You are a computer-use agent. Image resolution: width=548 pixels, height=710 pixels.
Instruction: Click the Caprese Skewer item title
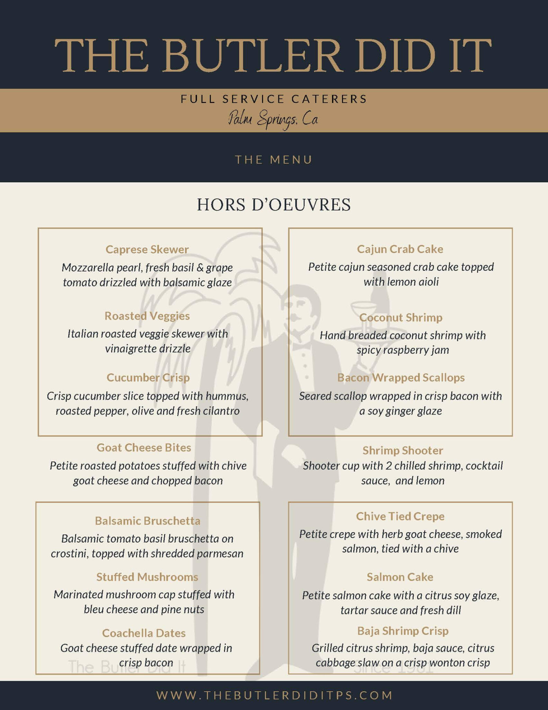147,249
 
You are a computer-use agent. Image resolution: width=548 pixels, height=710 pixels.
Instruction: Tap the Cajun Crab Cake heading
400,249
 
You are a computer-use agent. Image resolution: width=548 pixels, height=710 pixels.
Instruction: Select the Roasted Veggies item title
147,316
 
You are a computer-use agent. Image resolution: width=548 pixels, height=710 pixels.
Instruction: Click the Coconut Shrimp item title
401,317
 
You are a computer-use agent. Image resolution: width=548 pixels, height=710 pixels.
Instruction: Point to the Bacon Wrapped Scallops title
401,377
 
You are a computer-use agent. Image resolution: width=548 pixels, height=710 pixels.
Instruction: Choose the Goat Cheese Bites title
144,448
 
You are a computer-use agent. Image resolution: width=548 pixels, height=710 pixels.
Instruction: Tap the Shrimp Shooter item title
403,450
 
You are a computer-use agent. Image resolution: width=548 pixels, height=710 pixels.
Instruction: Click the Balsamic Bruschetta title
147,521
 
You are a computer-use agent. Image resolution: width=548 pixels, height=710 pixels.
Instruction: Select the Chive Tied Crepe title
400,516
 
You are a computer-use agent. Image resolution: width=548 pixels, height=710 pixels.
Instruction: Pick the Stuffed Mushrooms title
147,577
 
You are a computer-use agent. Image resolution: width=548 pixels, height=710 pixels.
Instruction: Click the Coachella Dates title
144,633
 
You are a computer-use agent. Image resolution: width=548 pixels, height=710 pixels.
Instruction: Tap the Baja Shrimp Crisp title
403,631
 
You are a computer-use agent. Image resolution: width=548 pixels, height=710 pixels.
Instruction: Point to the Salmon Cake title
400,577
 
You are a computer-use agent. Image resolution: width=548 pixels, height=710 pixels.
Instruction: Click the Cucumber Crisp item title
148,378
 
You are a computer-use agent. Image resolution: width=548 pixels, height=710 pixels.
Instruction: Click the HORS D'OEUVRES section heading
274,205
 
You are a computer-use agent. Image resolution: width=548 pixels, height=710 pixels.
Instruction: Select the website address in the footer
274,695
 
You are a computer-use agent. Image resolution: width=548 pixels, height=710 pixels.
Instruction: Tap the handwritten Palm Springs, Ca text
273,120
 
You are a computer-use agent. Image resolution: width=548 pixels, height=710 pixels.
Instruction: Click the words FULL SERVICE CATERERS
274,99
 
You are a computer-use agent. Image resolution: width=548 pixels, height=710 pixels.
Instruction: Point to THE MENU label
274,159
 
